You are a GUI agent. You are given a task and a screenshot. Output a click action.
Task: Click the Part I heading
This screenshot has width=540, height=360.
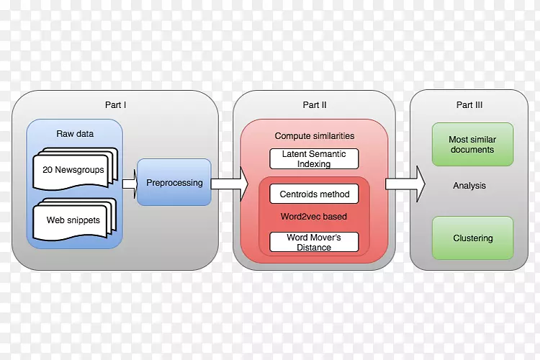[x=115, y=105]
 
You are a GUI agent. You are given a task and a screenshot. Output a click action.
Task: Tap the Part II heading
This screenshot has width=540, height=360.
[x=315, y=105]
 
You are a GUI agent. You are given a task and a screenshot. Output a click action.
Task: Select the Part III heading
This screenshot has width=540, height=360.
[x=469, y=105]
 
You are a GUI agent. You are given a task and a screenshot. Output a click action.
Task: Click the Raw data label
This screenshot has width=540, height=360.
[x=75, y=134]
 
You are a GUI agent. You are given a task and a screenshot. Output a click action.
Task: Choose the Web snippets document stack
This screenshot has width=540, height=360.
[x=73, y=219]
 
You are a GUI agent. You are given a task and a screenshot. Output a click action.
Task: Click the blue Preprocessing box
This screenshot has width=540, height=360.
[x=174, y=183]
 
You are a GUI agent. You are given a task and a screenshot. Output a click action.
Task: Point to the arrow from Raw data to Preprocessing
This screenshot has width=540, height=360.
[x=129, y=184]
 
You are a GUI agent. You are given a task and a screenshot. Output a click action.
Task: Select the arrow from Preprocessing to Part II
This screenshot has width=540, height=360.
[x=228, y=184]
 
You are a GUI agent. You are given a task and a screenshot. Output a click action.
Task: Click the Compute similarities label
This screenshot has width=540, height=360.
[x=315, y=136]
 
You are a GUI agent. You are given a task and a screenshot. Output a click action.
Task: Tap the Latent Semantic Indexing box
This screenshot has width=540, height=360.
[x=315, y=159]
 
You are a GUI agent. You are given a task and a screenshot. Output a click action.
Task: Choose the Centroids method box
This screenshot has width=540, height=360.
[x=315, y=194]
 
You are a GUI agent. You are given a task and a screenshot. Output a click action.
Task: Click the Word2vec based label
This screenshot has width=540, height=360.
[x=315, y=216]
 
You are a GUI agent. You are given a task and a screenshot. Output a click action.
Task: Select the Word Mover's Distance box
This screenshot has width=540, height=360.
[x=315, y=243]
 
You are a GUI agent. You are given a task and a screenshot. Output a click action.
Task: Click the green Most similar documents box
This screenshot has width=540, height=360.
[x=472, y=145]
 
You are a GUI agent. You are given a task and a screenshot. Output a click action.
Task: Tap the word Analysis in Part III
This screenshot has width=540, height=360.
[x=469, y=186]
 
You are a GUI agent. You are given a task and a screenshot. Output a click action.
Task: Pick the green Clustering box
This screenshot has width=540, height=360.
[x=472, y=238]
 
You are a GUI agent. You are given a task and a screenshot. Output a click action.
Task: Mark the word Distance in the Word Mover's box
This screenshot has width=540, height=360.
[x=314, y=248]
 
